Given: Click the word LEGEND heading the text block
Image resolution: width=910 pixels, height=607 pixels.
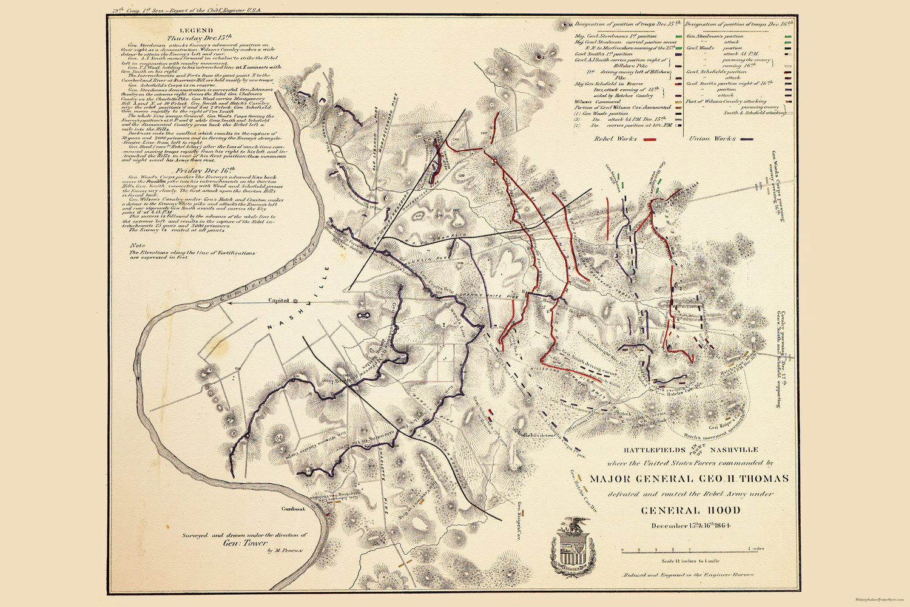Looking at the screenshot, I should click(x=196, y=30).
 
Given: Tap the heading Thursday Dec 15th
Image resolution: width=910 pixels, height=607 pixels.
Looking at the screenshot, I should click(x=195, y=38).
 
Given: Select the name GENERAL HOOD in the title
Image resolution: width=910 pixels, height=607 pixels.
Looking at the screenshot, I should click(x=691, y=510).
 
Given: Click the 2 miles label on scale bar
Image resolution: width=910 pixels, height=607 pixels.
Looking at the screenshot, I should click(x=755, y=549).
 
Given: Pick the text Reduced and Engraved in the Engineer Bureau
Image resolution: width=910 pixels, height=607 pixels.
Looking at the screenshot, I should click(x=689, y=574).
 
